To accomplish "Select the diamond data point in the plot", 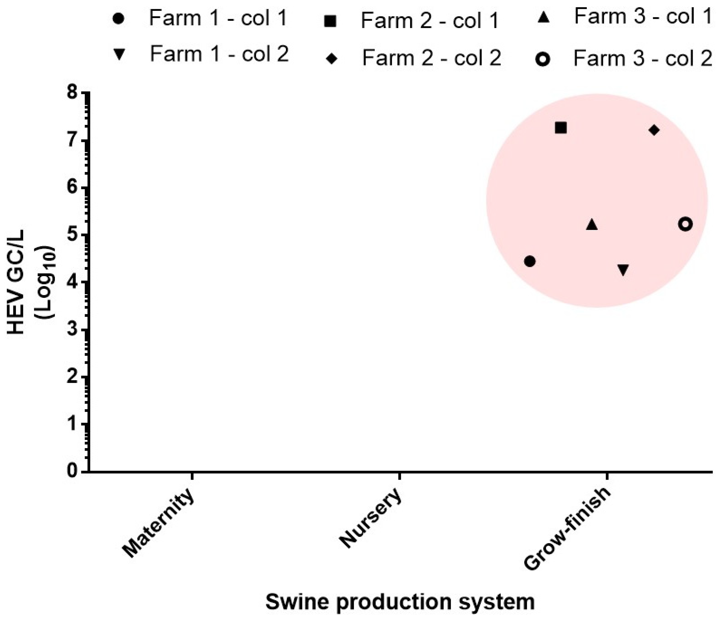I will (654, 130).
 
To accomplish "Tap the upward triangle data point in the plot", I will (592, 225).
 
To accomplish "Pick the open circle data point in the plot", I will (685, 224).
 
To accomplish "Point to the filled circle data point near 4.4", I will (530, 261).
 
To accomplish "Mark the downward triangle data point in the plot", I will (623, 270).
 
